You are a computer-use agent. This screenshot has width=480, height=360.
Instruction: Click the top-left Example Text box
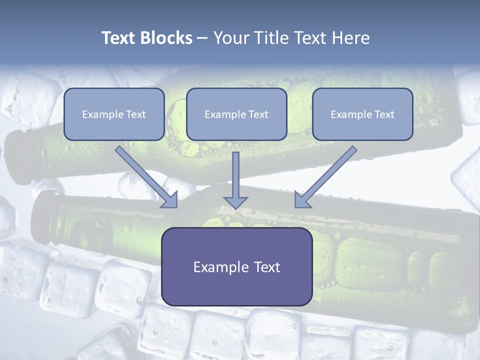click(x=114, y=114)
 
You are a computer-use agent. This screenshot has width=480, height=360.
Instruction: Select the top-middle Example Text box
click(x=236, y=114)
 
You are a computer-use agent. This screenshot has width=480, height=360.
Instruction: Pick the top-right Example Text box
click(x=362, y=114)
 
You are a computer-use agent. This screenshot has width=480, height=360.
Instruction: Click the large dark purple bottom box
click(x=236, y=266)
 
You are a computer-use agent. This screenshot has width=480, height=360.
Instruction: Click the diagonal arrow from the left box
click(x=142, y=172)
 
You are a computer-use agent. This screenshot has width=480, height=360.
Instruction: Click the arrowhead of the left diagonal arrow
click(x=169, y=199)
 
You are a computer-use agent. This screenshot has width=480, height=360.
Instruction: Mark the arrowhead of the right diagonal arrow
click(x=302, y=199)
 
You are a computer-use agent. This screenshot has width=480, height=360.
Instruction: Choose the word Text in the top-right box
click(x=383, y=114)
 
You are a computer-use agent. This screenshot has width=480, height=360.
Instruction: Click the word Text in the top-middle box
click(x=257, y=114)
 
